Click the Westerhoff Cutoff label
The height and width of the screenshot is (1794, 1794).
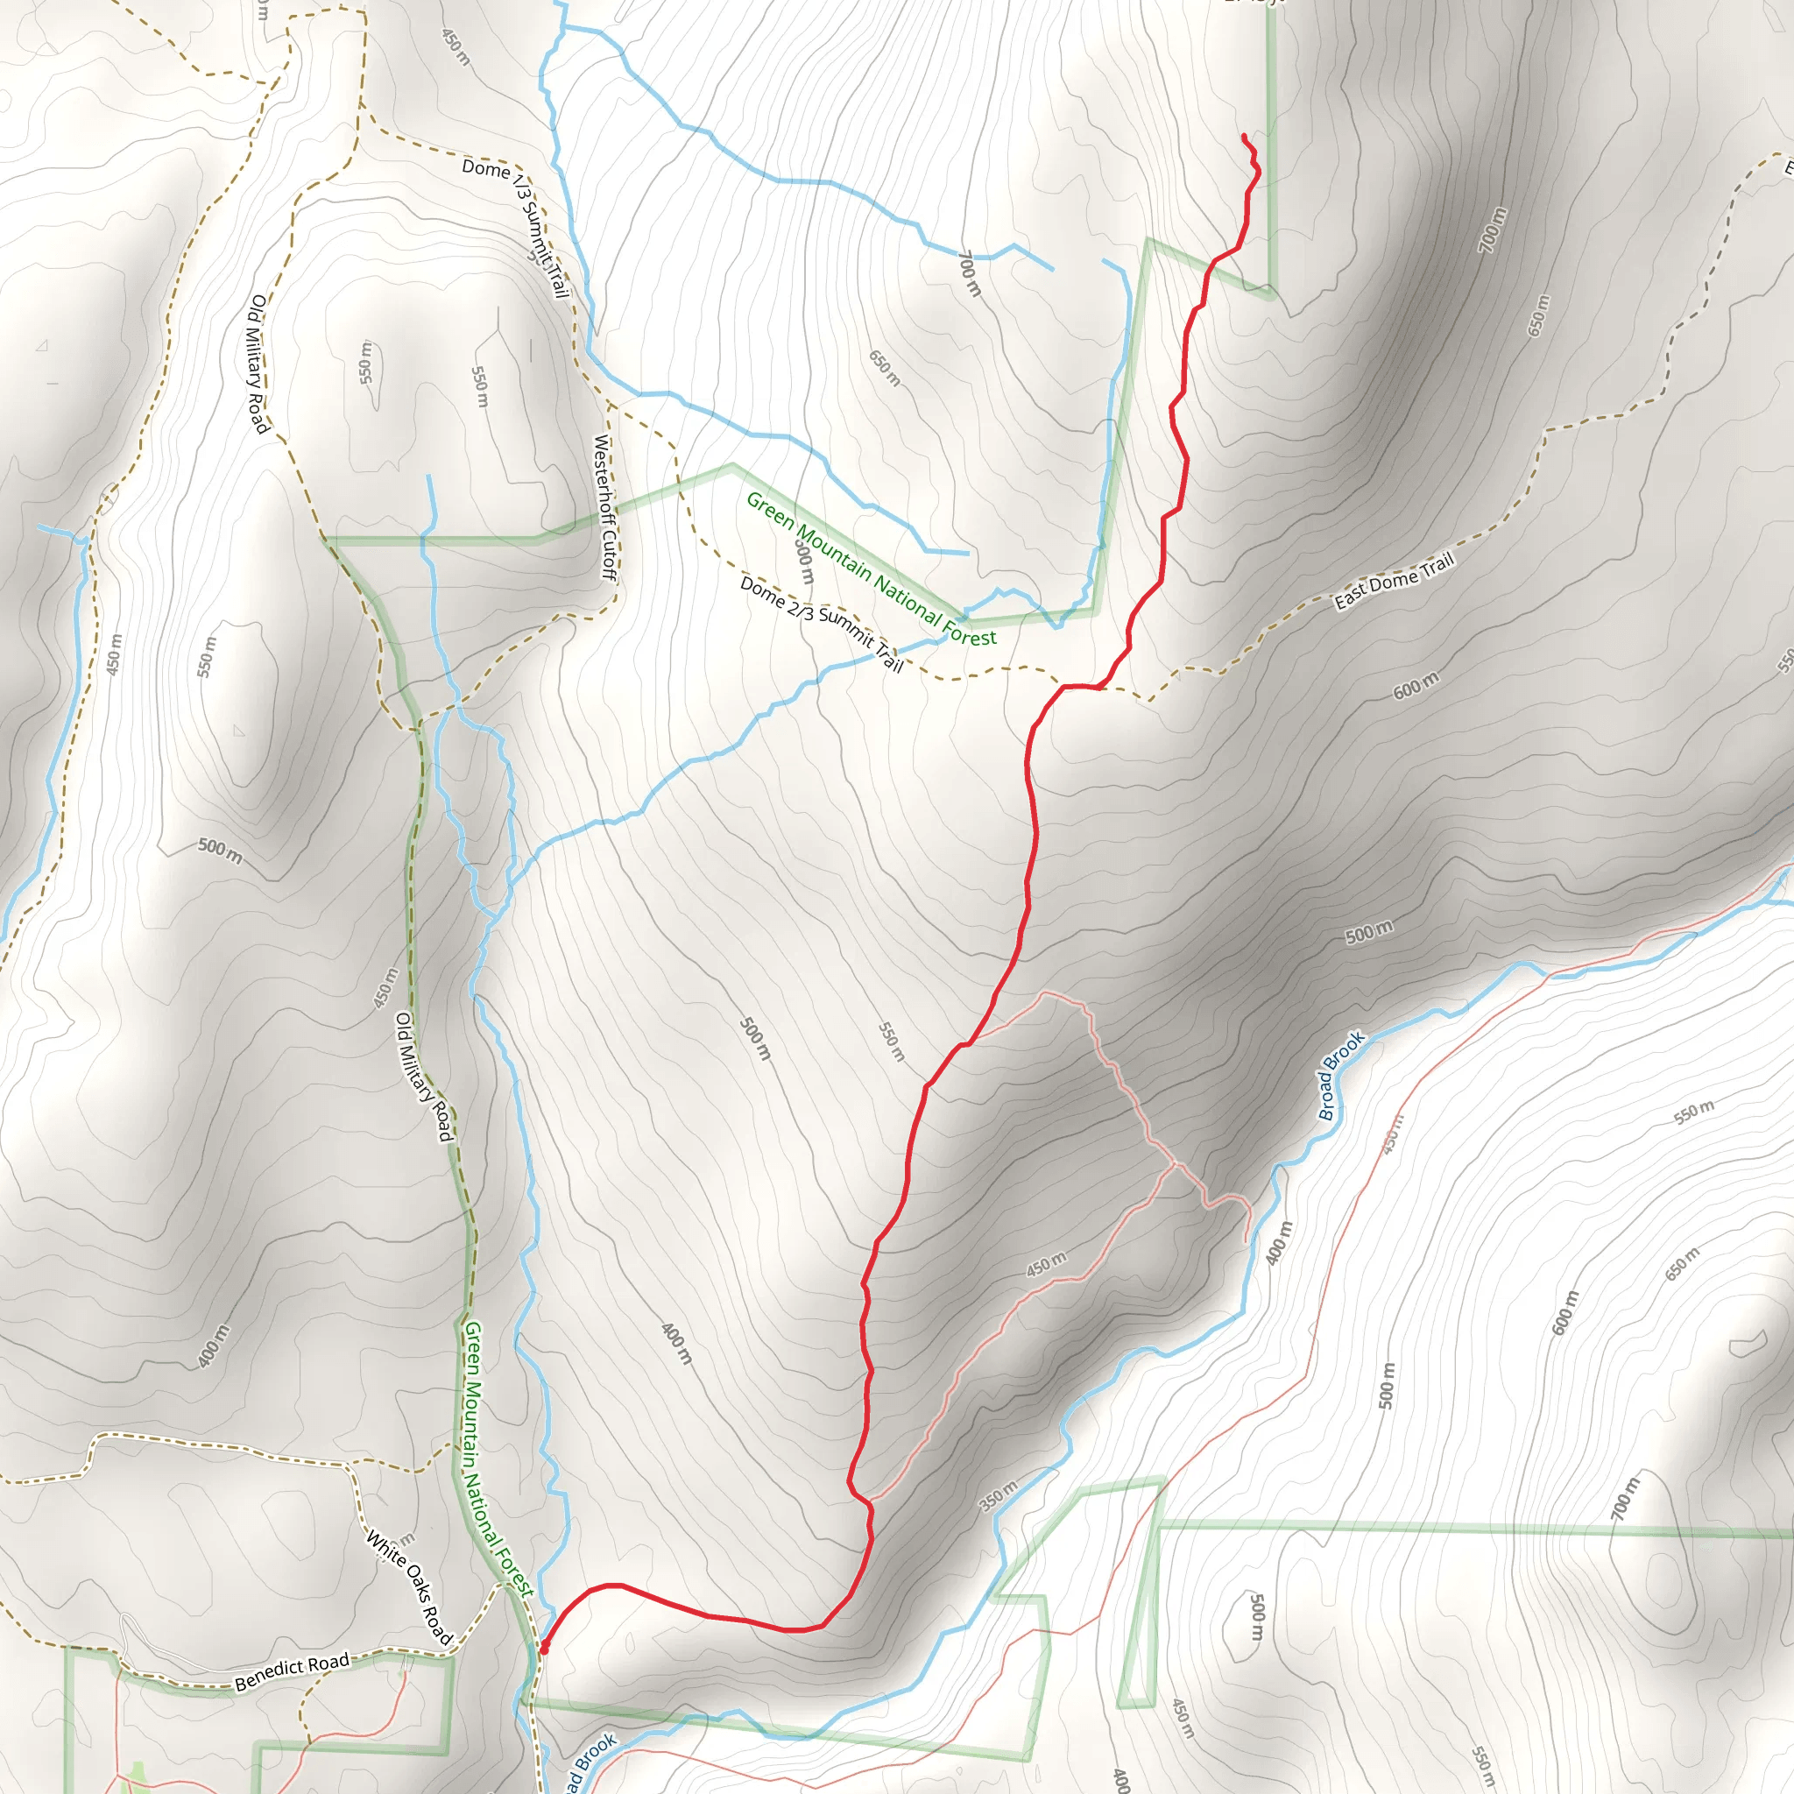(604, 507)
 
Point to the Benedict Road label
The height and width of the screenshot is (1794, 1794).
(292, 1671)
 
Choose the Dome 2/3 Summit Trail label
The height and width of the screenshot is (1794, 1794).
(822, 623)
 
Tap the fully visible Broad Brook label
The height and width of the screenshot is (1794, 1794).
(1341, 1076)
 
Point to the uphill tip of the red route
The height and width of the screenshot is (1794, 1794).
(1244, 137)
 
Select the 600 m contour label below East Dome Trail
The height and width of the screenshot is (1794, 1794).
(1416, 684)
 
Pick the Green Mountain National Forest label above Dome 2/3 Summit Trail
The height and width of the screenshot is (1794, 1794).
(871, 569)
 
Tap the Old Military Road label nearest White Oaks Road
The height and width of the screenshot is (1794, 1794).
(423, 1077)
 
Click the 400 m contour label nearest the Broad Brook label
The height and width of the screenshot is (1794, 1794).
(1279, 1242)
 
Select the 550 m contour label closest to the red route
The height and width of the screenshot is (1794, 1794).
(891, 1041)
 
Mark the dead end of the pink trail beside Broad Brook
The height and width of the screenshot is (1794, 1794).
(1247, 1242)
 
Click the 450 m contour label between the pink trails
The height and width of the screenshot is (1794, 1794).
(1047, 1264)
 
